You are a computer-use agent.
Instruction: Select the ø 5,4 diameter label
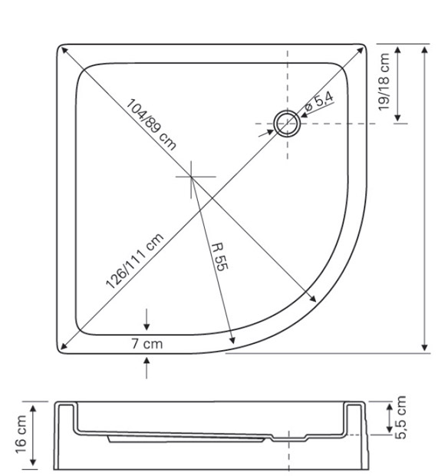(319, 102)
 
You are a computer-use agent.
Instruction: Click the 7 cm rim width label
(147, 344)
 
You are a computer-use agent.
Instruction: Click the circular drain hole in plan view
(288, 123)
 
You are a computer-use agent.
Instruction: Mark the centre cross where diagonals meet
(193, 177)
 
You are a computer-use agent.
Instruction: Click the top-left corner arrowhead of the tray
(61, 48)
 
